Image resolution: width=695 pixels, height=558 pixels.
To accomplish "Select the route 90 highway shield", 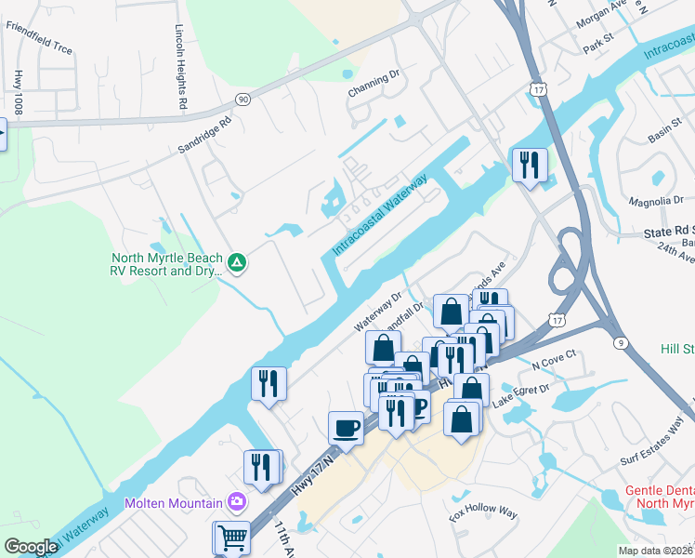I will [243, 99].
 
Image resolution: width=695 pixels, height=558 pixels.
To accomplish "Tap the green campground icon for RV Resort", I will [237, 264].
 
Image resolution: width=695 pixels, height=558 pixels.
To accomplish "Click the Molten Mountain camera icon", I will [238, 502].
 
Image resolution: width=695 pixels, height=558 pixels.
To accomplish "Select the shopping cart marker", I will [231, 537].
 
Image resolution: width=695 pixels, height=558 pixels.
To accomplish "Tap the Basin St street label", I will [665, 133].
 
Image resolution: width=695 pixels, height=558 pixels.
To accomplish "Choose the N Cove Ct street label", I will [554, 358].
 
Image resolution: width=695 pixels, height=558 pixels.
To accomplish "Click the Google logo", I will [31, 546].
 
